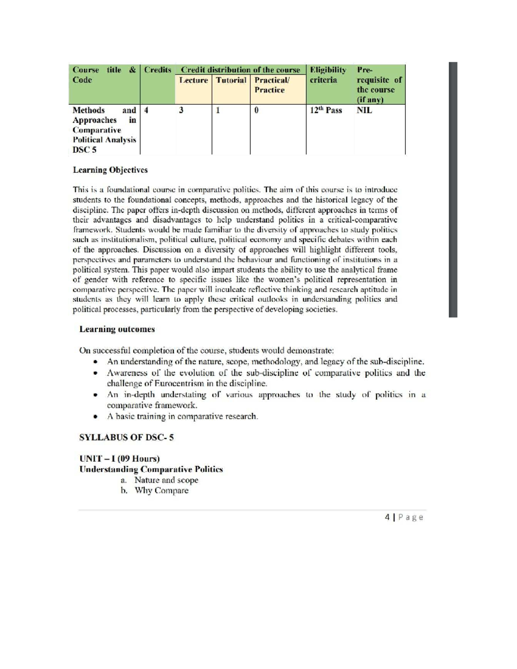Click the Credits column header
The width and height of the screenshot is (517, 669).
(157, 70)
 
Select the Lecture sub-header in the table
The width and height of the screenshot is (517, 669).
(193, 80)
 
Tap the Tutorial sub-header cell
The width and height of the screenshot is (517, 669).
(231, 80)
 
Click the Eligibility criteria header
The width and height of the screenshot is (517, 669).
(328, 75)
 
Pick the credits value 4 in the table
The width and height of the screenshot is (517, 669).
(146, 110)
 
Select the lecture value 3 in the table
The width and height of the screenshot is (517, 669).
(181, 110)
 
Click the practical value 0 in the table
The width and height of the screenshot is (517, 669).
(256, 110)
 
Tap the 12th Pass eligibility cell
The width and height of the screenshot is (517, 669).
(326, 110)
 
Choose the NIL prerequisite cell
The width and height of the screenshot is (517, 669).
(364, 110)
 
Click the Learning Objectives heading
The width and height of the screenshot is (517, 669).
(110, 170)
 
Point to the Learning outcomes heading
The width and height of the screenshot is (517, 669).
(117, 329)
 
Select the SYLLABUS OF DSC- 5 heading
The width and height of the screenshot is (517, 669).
(126, 437)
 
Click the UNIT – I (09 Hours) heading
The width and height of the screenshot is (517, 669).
(119, 458)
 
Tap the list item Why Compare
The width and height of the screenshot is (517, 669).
(162, 491)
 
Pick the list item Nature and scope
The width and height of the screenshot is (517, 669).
(166, 480)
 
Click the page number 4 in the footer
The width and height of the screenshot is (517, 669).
(387, 517)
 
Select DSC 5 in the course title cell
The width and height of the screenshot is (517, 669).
(84, 150)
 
